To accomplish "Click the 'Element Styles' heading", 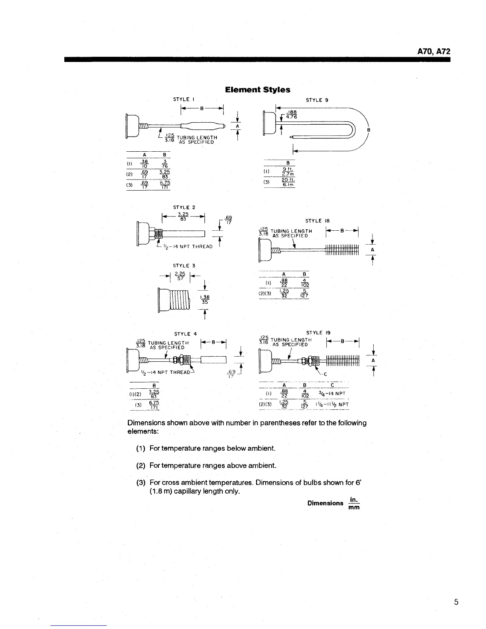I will [x=257, y=90].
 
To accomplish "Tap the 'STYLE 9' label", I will [x=316, y=100].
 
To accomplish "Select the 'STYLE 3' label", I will [x=184, y=266].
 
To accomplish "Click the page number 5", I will [x=456, y=602].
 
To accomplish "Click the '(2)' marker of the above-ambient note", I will [x=141, y=465].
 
